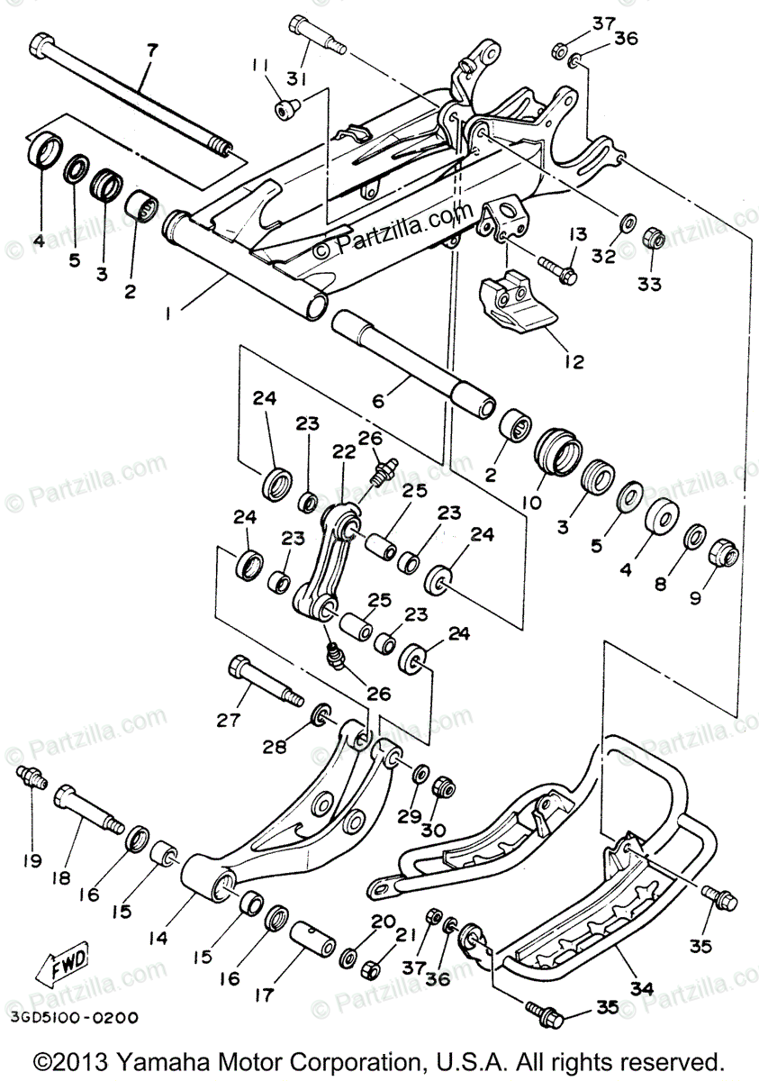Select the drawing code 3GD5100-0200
76,1018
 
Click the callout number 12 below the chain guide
574,361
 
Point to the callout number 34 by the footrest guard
640,988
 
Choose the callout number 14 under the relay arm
159,937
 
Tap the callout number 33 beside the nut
648,284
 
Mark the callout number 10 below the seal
529,502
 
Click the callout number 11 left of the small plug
260,66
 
